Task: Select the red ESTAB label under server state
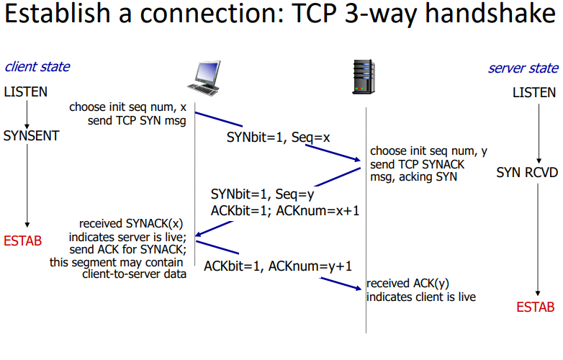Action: coord(535,307)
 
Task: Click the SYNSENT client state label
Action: coord(31,135)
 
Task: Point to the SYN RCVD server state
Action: coord(526,174)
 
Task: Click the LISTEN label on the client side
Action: coord(26,92)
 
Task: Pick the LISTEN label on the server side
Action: coord(533,92)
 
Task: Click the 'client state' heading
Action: coord(37,67)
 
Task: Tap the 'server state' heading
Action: coord(523,68)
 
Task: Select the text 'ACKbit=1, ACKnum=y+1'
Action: coord(277,266)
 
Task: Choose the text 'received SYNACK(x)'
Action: coord(132,224)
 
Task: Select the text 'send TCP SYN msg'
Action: coord(137,120)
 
